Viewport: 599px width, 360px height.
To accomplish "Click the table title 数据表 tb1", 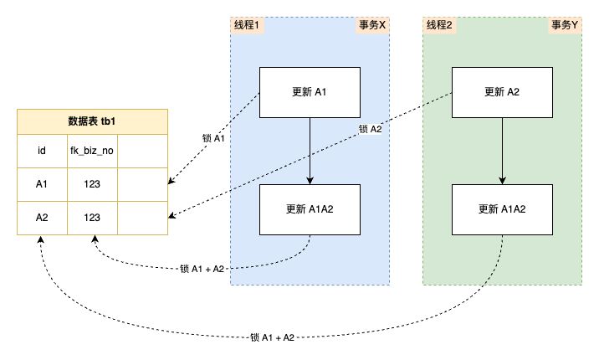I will coord(92,121).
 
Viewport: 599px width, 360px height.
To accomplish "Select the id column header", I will coord(41,152).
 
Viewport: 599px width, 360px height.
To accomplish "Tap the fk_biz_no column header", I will coord(91,152).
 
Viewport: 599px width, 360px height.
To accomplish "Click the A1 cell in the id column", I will coord(41,184).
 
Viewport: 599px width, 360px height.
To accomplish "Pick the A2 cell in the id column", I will coord(41,218).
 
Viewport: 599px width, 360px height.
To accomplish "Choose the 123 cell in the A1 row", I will coord(91,184).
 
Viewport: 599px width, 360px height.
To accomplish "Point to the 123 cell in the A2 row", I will coord(91,218).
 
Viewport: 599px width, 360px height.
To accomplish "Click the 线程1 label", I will coord(247,25).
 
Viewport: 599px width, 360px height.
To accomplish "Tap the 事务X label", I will coord(372,25).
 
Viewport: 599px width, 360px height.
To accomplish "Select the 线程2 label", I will coord(439,25).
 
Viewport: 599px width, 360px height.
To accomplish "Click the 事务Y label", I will coord(565,25).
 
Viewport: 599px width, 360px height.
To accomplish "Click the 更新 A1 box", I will coord(310,91).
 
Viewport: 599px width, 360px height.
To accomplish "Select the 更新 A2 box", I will coord(502,91).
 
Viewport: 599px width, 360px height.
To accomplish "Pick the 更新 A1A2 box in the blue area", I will coord(310,209).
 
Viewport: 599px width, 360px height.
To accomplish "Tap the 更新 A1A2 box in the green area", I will coord(502,209).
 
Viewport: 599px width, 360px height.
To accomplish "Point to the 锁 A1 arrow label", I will coord(214,139).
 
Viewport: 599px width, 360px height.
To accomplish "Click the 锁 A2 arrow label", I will coord(370,129).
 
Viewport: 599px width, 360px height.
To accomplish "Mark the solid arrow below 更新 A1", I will coord(310,151).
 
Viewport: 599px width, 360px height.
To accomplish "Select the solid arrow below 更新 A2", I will coord(502,151).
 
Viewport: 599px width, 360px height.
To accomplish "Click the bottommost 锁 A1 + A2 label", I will coord(272,337).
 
